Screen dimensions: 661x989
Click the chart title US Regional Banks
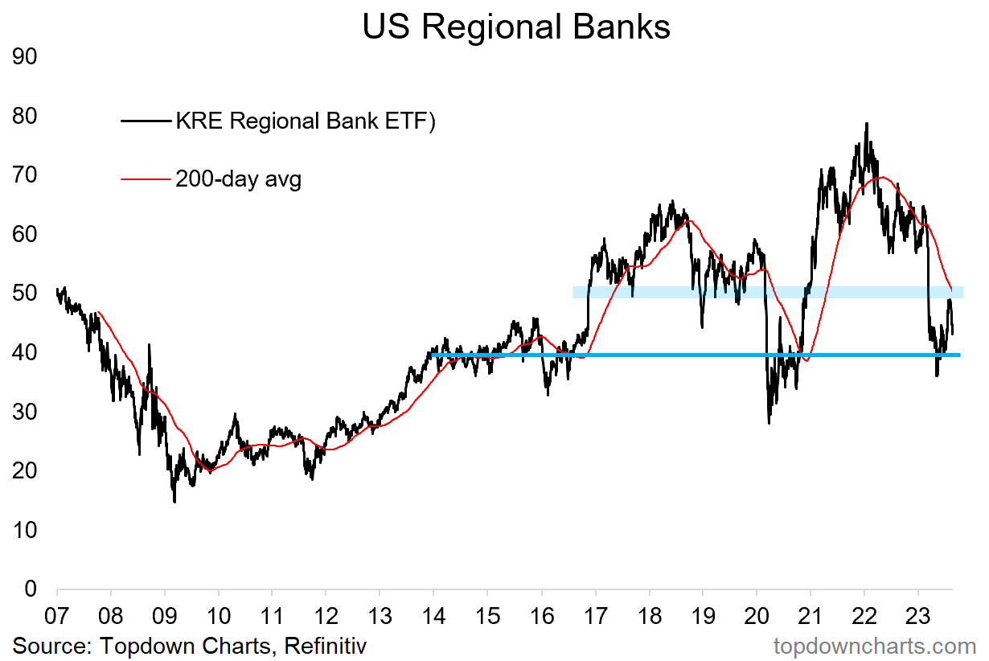pos(515,27)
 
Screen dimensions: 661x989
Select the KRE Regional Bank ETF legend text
pos(305,121)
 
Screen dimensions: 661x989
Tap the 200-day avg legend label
pos(238,179)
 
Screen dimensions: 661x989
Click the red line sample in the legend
pos(146,179)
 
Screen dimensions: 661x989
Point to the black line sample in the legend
pos(146,121)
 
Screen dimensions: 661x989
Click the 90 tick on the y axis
pos(26,57)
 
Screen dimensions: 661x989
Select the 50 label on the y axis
pos(26,294)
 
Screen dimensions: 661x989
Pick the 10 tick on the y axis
pos(26,530)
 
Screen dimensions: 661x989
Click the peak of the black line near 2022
pos(866,124)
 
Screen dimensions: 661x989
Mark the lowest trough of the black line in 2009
pos(174,502)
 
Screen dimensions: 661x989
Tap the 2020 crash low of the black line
pos(769,423)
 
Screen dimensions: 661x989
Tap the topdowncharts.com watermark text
pos(874,646)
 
